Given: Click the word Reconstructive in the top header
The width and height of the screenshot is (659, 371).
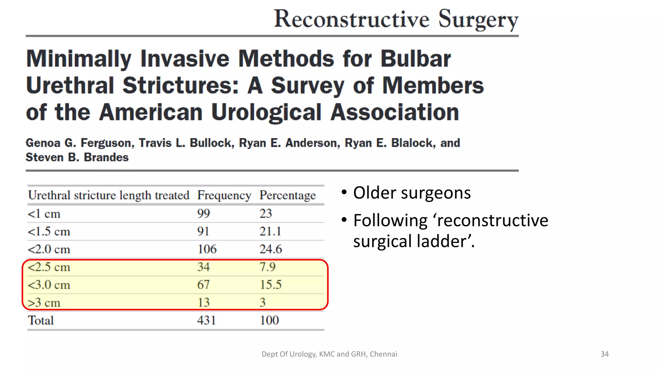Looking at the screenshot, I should point(352,19).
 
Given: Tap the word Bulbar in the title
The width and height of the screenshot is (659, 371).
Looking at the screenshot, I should point(416,59).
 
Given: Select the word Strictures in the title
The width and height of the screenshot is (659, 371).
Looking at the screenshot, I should point(181,86).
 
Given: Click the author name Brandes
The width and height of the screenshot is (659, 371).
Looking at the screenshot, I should point(106,157).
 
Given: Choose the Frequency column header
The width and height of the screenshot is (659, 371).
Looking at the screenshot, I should point(224,195).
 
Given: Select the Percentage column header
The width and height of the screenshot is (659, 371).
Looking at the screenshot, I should point(288,195).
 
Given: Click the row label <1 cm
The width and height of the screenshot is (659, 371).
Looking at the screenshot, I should point(44,214).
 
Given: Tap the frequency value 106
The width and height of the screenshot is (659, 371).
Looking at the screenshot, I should point(207,249).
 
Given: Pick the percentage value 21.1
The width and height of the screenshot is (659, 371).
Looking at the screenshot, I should point(270,232).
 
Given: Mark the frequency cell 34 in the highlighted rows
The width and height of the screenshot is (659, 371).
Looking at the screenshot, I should point(203,267).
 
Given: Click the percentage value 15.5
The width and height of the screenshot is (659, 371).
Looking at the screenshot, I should point(271,285).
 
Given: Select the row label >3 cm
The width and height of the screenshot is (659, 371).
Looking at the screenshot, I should point(44,303).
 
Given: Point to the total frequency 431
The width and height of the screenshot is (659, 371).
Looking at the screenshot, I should point(206,320).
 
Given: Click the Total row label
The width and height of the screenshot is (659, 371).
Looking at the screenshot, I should point(41,320).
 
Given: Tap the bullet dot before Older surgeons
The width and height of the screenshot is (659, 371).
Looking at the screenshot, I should point(344,193).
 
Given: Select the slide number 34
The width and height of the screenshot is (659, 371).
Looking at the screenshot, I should point(604,354).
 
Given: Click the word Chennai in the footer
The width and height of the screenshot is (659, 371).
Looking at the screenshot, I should point(383,354).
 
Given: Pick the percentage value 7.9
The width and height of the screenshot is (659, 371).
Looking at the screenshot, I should point(267,267).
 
